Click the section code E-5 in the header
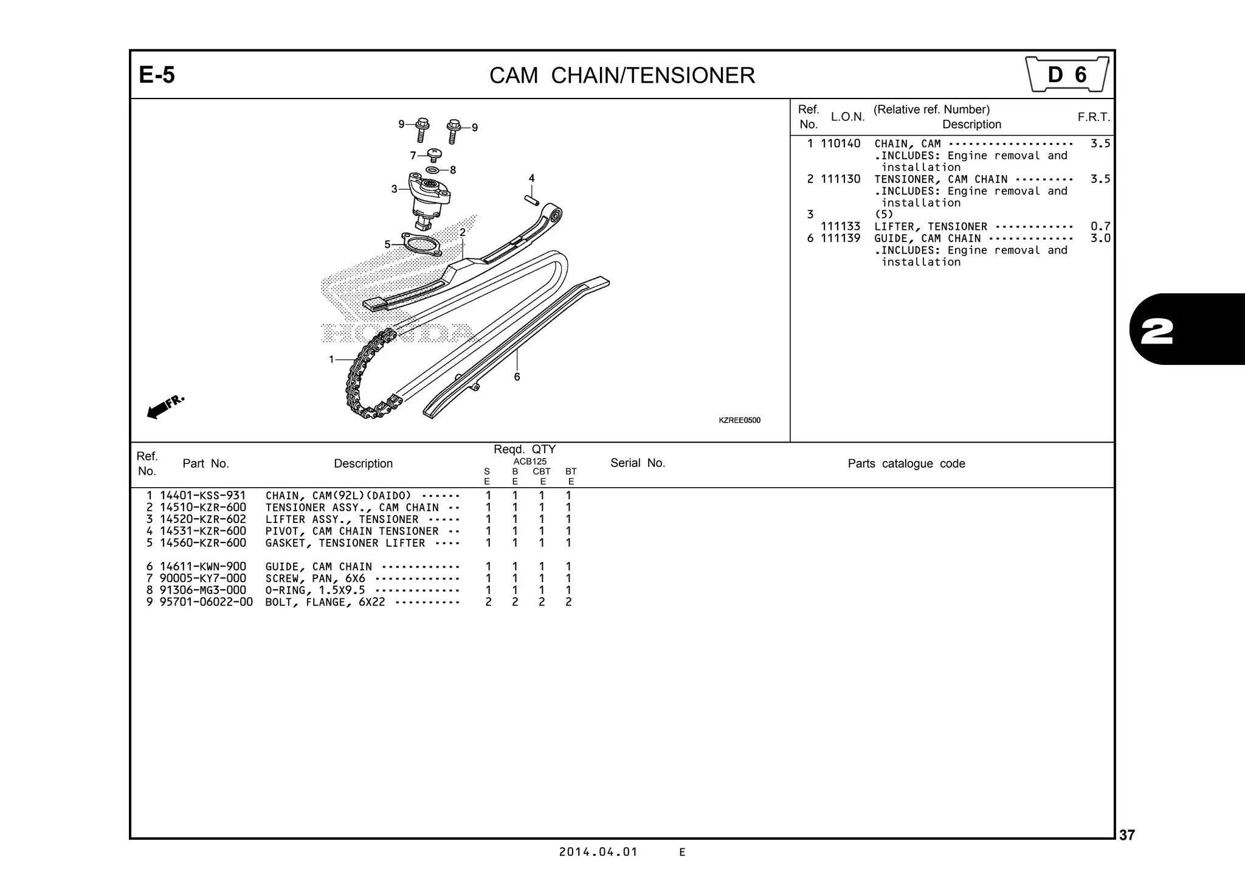click(157, 75)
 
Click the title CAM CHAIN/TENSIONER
click(622, 76)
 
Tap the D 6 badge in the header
click(1067, 75)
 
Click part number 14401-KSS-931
click(202, 496)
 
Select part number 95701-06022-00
click(206, 602)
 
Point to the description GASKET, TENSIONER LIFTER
click(345, 543)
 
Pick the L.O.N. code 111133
click(840, 226)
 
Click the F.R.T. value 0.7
click(1100, 226)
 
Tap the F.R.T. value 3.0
click(1100, 238)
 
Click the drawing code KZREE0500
click(739, 420)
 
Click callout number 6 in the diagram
click(517, 377)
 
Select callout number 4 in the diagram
click(532, 178)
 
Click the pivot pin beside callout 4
click(532, 200)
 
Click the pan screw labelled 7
click(435, 154)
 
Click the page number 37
click(1126, 836)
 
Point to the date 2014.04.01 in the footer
click(598, 852)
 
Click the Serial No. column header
click(638, 463)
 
